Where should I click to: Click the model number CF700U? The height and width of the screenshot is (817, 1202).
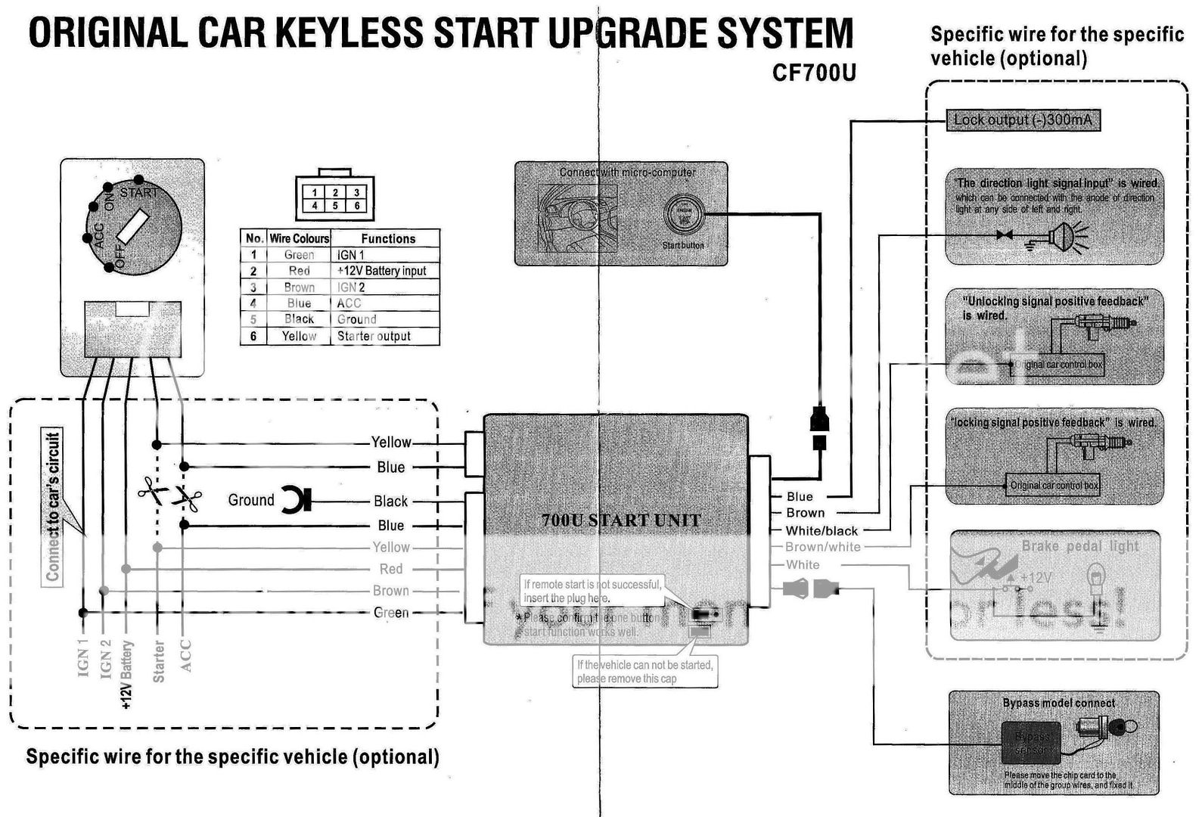(814, 73)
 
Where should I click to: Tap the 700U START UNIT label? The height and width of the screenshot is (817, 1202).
(621, 520)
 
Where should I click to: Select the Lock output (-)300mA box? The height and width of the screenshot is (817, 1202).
(1022, 120)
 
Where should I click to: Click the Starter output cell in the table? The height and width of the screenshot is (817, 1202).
(374, 336)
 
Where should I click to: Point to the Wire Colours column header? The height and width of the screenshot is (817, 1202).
(300, 238)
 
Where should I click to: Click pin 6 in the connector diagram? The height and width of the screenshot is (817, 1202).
(356, 206)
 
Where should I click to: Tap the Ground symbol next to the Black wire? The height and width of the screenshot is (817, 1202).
(296, 500)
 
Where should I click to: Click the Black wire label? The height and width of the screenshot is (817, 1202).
(390, 501)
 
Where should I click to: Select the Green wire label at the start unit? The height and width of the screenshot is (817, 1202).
(391, 613)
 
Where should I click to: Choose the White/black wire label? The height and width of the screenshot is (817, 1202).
(822, 531)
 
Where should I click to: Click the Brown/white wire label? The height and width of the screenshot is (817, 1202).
(822, 547)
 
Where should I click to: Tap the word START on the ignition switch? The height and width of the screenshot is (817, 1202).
(139, 193)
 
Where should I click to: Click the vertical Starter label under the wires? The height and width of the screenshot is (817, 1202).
(159, 661)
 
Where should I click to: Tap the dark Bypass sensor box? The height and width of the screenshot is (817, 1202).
(1031, 742)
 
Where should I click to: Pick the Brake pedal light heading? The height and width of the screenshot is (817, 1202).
(1079, 546)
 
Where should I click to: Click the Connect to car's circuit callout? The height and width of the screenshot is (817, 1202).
(52, 506)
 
